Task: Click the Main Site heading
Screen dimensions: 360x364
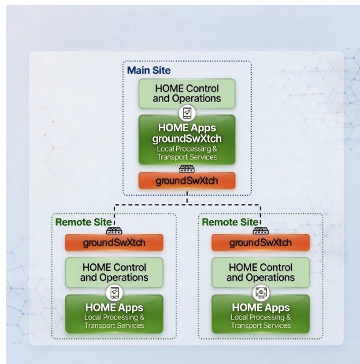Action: [x=149, y=70]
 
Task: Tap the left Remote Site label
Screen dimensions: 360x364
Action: [x=84, y=222]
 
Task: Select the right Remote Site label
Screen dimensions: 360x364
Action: [x=230, y=222]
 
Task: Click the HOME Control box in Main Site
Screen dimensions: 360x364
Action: [x=187, y=94]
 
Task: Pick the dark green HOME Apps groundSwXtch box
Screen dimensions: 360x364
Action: [x=187, y=139]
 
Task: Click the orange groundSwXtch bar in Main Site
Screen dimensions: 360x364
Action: [x=187, y=181]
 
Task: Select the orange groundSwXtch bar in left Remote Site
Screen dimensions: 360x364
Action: [x=114, y=243]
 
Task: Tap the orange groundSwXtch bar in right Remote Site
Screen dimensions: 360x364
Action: [x=261, y=243]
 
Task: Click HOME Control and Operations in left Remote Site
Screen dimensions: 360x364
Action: [x=114, y=273]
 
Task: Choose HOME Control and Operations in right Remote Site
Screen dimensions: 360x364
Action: [x=261, y=273]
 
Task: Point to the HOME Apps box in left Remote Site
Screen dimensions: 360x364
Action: [x=114, y=314]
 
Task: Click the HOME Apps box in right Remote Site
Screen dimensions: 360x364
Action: [x=261, y=314]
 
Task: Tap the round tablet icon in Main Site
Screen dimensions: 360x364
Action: [x=187, y=113]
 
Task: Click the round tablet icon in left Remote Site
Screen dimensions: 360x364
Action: [x=114, y=293]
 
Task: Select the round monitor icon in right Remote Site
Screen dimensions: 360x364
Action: [x=261, y=293]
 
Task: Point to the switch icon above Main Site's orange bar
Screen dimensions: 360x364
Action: [x=187, y=169]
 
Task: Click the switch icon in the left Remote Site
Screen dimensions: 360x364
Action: [x=114, y=231]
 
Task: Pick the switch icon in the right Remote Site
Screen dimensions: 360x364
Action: [x=261, y=231]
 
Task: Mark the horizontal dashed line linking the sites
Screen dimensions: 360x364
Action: [x=187, y=205]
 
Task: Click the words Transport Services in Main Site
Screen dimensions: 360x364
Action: [x=187, y=157]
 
